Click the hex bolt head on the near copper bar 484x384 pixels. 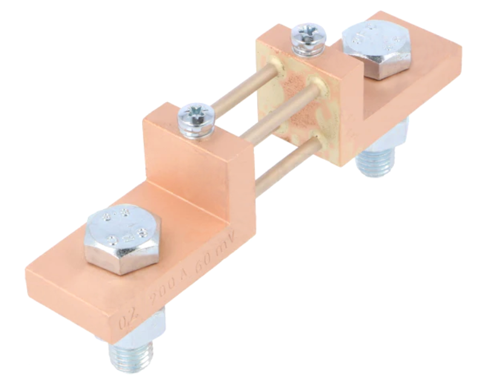pyautogui.click(x=123, y=238)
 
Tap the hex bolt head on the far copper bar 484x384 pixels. pyautogui.click(x=376, y=48)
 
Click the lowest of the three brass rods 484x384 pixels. pyautogui.click(x=284, y=170)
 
